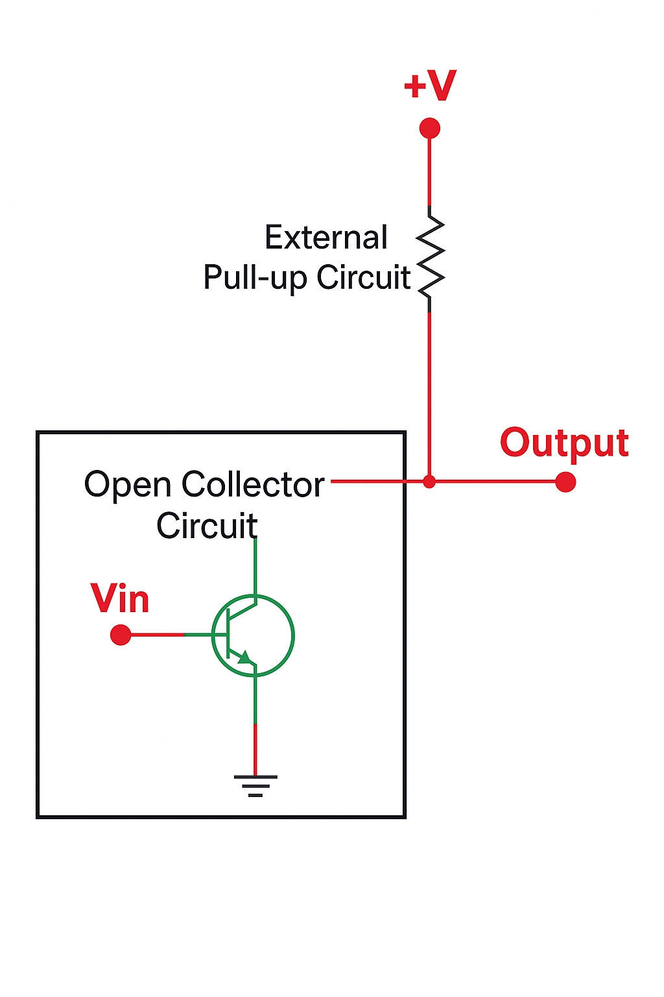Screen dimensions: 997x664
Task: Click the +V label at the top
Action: pos(430,86)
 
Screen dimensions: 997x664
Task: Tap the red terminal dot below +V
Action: pos(429,129)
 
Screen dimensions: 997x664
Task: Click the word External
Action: pos(326,238)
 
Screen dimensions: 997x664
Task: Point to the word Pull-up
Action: pos(255,278)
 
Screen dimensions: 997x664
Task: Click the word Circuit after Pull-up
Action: pos(363,277)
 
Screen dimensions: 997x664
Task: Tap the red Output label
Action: pos(564,443)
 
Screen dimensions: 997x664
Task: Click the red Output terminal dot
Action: pos(565,482)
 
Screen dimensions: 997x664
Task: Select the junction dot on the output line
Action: pos(429,482)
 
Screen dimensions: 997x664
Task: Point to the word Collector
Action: pos(253,485)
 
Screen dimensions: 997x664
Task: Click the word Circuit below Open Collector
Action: pos(207,526)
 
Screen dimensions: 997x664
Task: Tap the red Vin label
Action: pos(120,598)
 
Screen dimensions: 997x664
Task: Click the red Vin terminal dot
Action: pos(121,635)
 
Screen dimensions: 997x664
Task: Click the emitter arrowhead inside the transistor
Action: pos(244,658)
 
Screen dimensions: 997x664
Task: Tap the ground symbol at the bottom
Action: pos(255,785)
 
